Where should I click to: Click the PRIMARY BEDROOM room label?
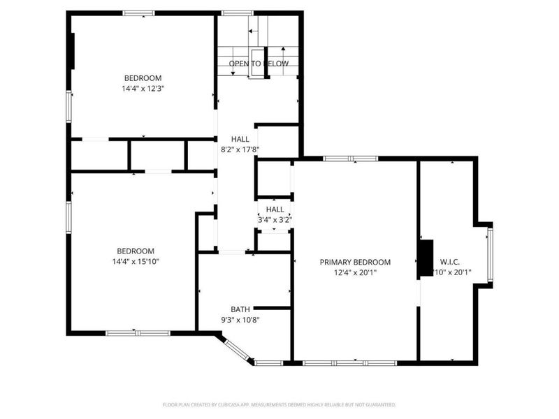(x=355, y=262)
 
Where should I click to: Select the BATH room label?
(x=240, y=309)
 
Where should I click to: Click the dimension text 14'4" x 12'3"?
(x=143, y=89)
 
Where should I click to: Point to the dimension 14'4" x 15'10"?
(x=136, y=262)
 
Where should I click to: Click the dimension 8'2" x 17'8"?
(x=240, y=149)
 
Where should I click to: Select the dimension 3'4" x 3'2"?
(x=275, y=219)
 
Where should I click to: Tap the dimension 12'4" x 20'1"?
(x=355, y=273)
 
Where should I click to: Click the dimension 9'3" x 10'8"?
(x=240, y=320)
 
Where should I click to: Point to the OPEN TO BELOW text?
(x=259, y=64)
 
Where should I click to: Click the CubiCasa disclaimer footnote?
(x=279, y=404)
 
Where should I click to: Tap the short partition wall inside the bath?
(x=272, y=307)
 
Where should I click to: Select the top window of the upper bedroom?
(x=138, y=13)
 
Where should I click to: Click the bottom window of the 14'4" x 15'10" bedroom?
(x=138, y=333)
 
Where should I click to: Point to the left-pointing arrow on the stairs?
(x=252, y=31)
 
